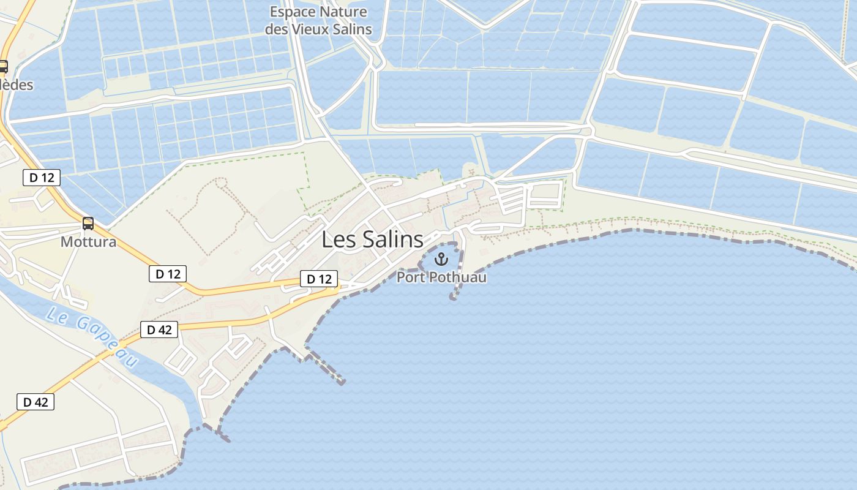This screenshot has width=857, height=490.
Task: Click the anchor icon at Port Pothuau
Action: (x=441, y=259)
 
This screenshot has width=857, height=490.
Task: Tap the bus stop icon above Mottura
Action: (x=88, y=224)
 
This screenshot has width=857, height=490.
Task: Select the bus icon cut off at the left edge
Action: (x=3, y=67)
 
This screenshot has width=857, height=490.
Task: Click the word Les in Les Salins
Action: (x=338, y=239)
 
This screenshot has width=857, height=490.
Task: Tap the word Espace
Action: (x=293, y=12)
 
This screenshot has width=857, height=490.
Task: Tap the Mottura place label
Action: (x=88, y=242)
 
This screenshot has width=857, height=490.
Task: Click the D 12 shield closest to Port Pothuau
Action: (x=319, y=279)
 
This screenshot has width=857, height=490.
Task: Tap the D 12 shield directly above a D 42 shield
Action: (x=168, y=274)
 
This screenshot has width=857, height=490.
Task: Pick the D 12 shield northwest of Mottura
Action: (x=42, y=178)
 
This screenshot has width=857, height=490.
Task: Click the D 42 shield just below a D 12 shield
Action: (x=159, y=330)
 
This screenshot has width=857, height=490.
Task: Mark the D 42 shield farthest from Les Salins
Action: (x=36, y=402)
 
